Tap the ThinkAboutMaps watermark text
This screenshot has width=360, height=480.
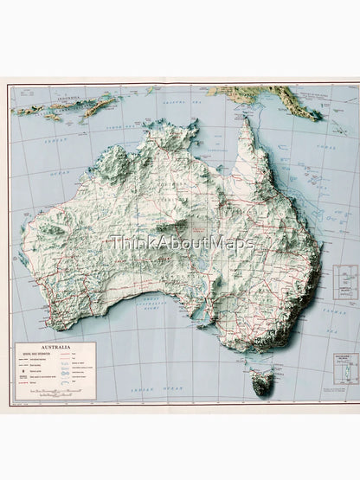(181, 243)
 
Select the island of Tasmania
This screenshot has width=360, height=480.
(262, 380)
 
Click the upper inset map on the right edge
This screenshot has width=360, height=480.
(345, 282)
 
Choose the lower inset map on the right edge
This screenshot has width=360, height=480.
(346, 368)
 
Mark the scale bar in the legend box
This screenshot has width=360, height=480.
(52, 394)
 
